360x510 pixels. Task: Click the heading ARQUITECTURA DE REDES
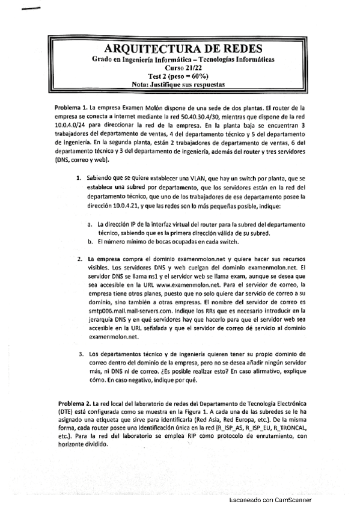pyautogui.click(x=182, y=49)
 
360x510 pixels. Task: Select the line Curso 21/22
pyautogui.click(x=182, y=69)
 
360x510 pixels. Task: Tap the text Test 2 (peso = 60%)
pyautogui.click(x=182, y=76)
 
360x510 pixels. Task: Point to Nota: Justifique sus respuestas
pyautogui.click(x=182, y=85)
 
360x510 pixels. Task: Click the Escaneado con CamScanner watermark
pyautogui.click(x=270, y=500)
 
